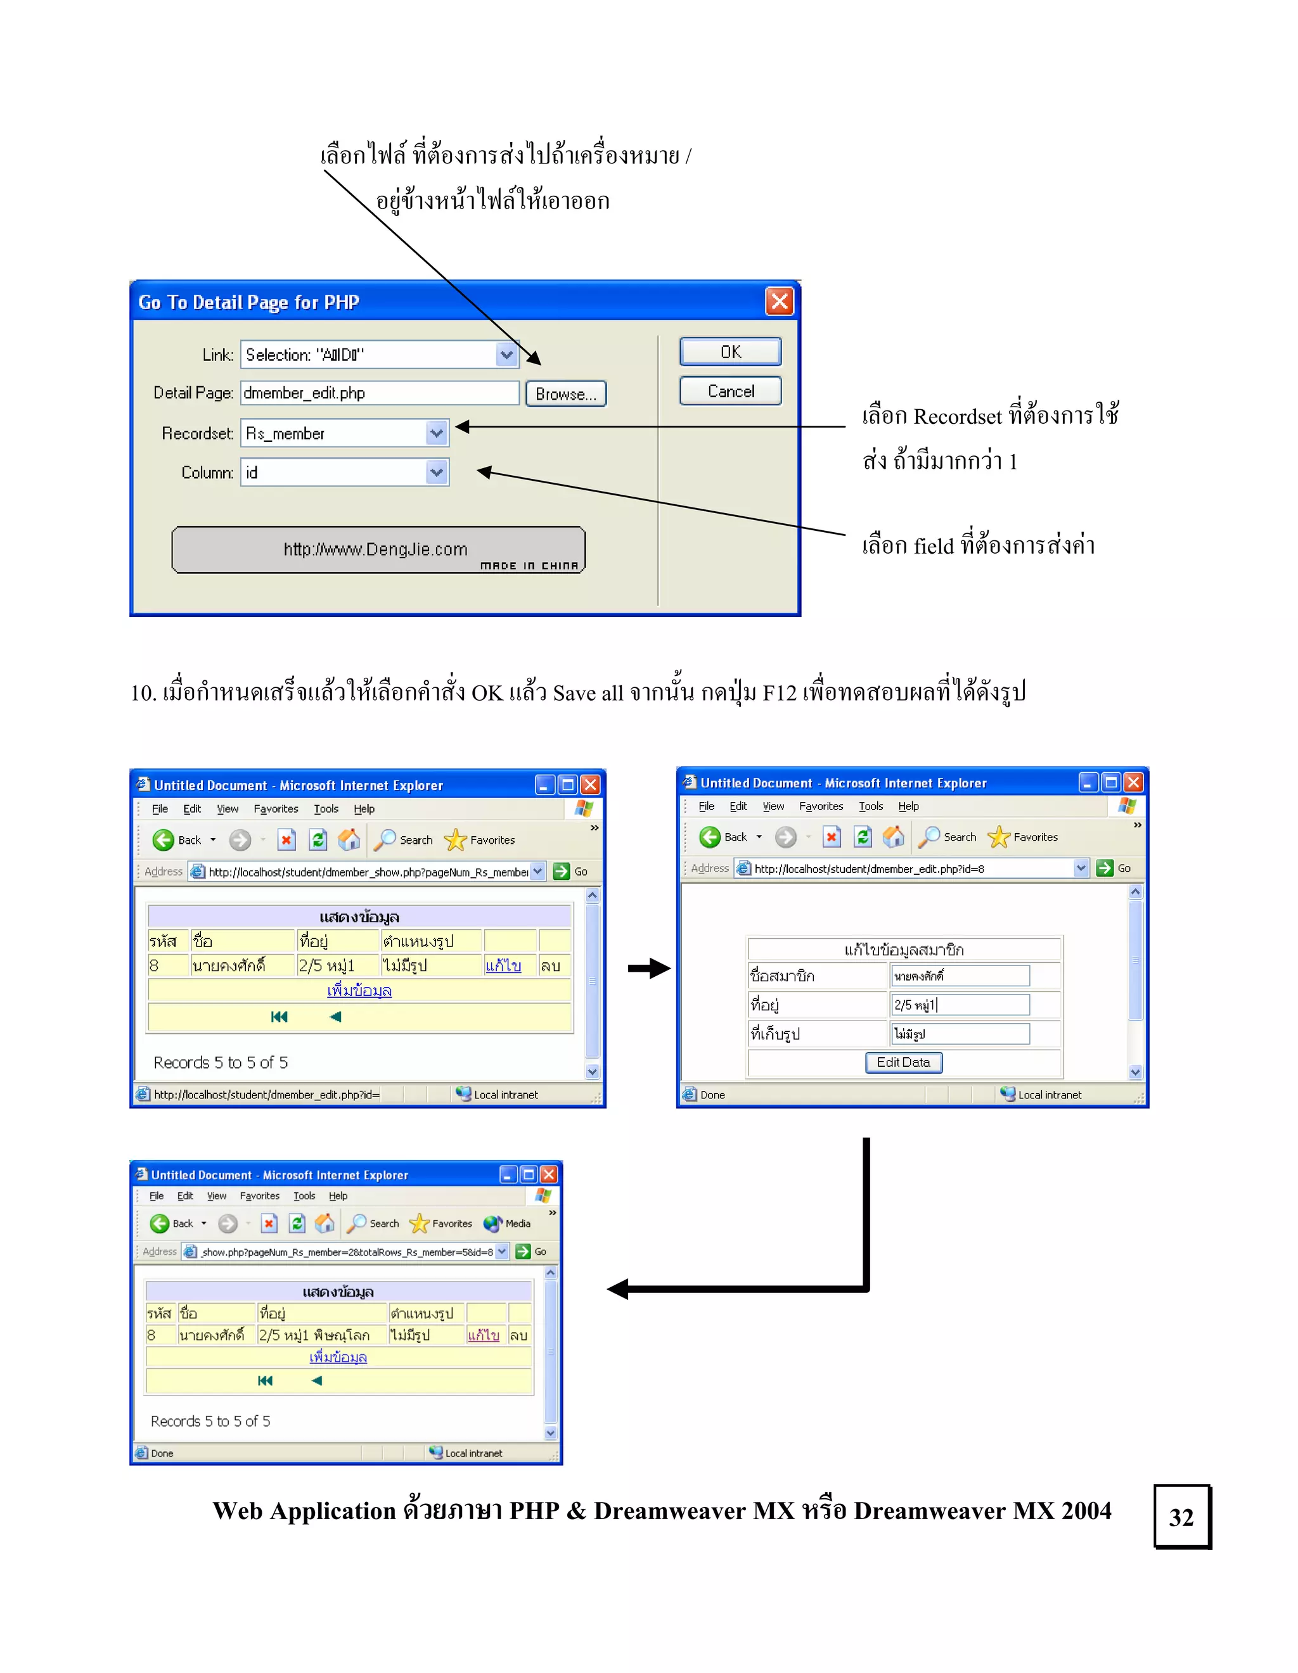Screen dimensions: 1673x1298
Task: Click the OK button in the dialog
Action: coord(729,352)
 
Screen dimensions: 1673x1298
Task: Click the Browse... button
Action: coord(565,394)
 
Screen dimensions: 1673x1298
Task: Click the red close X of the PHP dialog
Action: coord(780,301)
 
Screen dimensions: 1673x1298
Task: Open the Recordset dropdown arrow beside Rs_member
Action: coord(436,433)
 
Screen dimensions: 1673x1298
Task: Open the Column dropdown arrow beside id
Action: coord(436,473)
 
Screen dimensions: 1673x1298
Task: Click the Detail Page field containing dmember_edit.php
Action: coord(379,393)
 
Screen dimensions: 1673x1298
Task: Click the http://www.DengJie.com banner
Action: coord(378,550)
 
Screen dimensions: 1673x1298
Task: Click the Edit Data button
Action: coord(903,1062)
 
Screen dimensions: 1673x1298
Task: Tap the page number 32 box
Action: coord(1181,1517)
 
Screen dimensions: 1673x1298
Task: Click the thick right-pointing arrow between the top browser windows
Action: coord(648,968)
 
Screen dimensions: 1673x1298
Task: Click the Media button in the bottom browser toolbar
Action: coord(508,1223)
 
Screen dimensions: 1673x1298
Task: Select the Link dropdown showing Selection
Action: coord(378,355)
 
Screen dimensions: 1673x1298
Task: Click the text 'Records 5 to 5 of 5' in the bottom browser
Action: coord(210,1421)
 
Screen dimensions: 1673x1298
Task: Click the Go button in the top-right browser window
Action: coord(1115,868)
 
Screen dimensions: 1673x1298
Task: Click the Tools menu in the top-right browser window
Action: coord(870,806)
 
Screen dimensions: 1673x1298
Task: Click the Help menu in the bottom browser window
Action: coord(338,1196)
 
